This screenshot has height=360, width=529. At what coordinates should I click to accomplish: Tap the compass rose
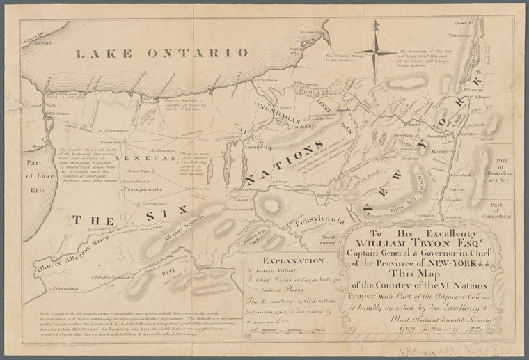[374, 54]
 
